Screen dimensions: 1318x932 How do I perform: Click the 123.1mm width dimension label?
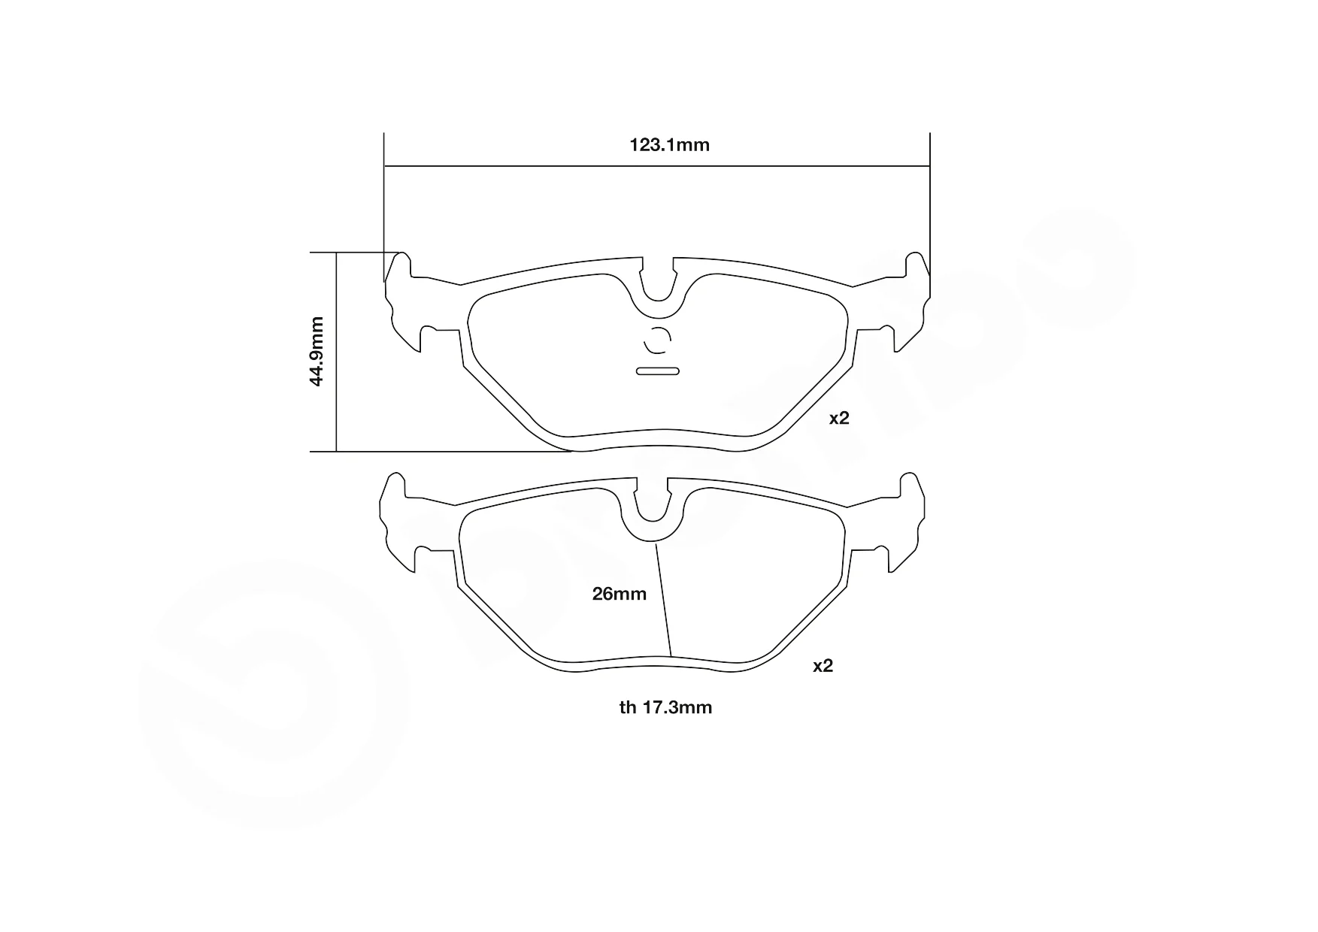[669, 145]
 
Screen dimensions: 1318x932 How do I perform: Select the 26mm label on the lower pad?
[620, 594]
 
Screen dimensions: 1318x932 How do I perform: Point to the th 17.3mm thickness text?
[665, 707]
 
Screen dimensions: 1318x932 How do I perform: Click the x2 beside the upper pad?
[839, 419]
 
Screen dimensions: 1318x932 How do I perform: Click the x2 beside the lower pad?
[823, 666]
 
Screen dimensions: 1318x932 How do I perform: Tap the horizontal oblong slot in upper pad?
[658, 371]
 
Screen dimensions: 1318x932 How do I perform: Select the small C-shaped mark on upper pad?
[656, 340]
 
